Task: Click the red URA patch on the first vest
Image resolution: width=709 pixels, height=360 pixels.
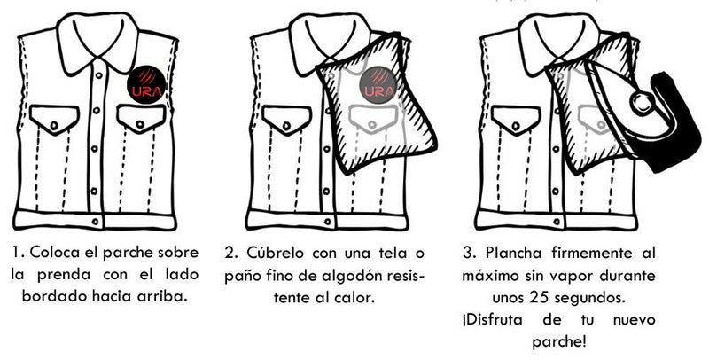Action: click(x=145, y=84)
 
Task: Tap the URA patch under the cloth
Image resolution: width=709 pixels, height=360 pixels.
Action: click(x=378, y=85)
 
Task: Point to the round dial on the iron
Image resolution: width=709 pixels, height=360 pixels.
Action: click(x=641, y=103)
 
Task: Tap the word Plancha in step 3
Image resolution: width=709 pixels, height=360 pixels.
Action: click(x=513, y=253)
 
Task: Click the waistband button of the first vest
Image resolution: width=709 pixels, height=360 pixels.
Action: click(x=95, y=222)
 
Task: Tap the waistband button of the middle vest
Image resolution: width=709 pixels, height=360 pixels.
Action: click(x=327, y=221)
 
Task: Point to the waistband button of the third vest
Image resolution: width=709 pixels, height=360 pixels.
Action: click(x=557, y=222)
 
